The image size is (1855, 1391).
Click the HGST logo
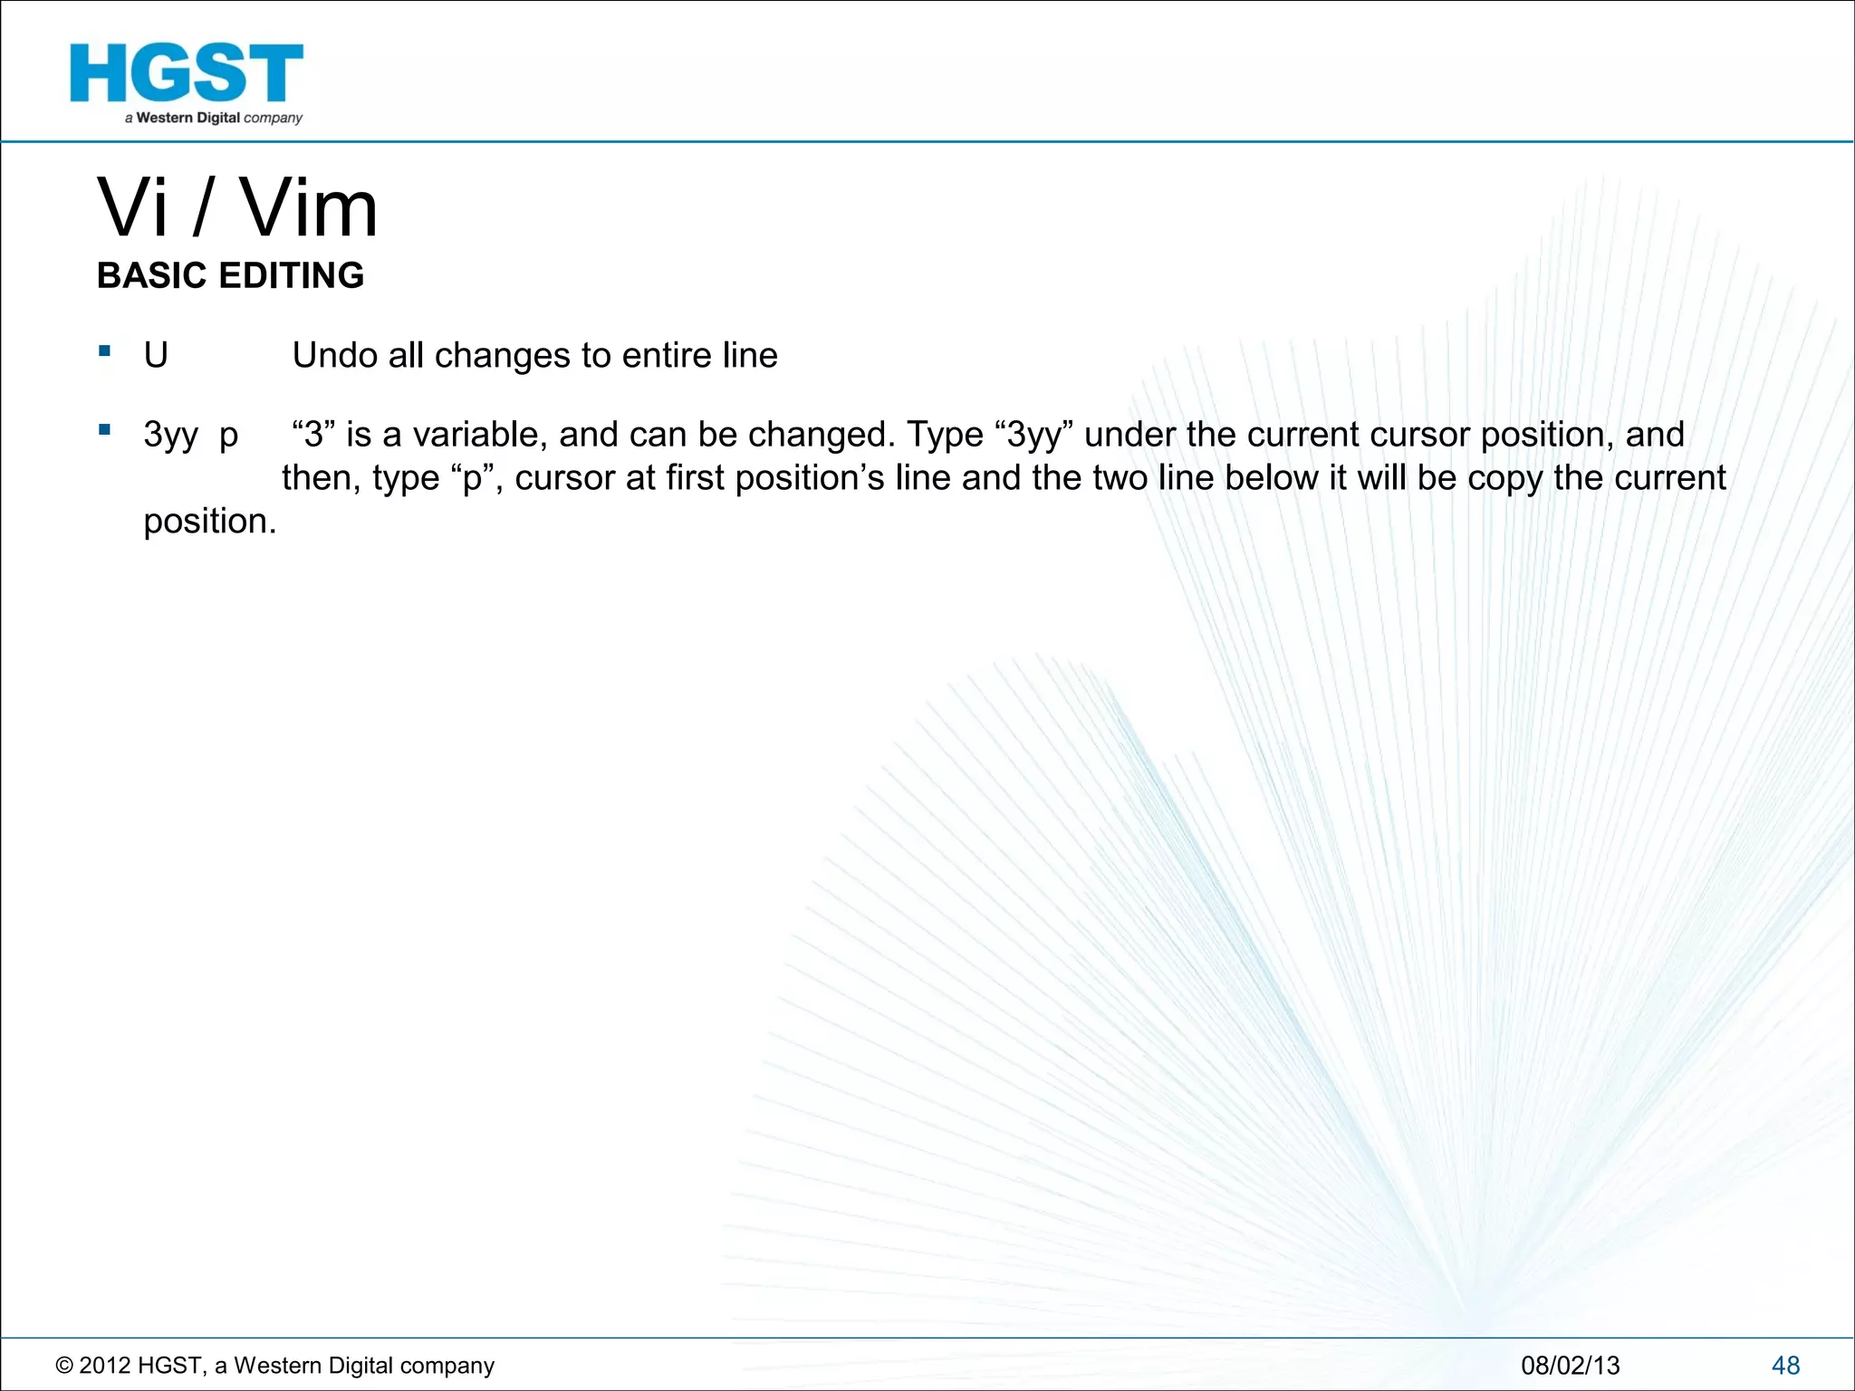point(187,82)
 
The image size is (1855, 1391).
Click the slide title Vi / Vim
point(237,208)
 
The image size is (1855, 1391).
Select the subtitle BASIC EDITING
point(230,275)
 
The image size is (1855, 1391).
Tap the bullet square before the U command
point(105,350)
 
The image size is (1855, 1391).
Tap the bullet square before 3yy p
point(105,429)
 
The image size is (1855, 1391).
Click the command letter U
point(156,356)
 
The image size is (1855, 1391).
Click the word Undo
point(335,356)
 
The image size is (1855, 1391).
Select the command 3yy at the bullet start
point(170,436)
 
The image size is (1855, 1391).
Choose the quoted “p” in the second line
point(472,478)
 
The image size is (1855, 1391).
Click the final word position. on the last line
point(209,522)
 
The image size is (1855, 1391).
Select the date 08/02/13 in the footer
point(1570,1365)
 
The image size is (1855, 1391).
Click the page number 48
point(1785,1365)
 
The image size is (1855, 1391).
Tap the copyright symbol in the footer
point(64,1366)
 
